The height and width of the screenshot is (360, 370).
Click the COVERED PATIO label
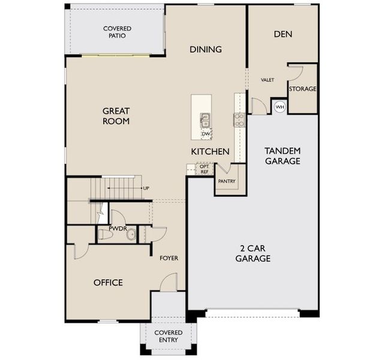[x=117, y=32]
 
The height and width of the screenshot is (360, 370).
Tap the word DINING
[x=206, y=49]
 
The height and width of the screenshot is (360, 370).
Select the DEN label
[x=282, y=34]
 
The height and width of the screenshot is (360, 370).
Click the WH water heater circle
[x=279, y=107]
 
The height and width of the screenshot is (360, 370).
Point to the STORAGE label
[x=302, y=89]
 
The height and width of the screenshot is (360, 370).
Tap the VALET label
[x=267, y=79]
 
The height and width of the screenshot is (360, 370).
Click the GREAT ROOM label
[x=116, y=116]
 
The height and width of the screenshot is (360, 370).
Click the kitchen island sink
[x=204, y=120]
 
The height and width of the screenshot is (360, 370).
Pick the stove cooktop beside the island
[x=239, y=119]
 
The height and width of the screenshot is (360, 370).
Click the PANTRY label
[x=227, y=181]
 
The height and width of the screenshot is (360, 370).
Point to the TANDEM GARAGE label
[x=282, y=156]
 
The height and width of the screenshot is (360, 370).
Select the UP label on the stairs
[x=146, y=188]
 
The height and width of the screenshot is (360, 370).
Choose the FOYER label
[x=169, y=259]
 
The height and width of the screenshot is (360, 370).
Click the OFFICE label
[x=108, y=283]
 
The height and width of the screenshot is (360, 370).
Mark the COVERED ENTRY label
[x=169, y=336]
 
